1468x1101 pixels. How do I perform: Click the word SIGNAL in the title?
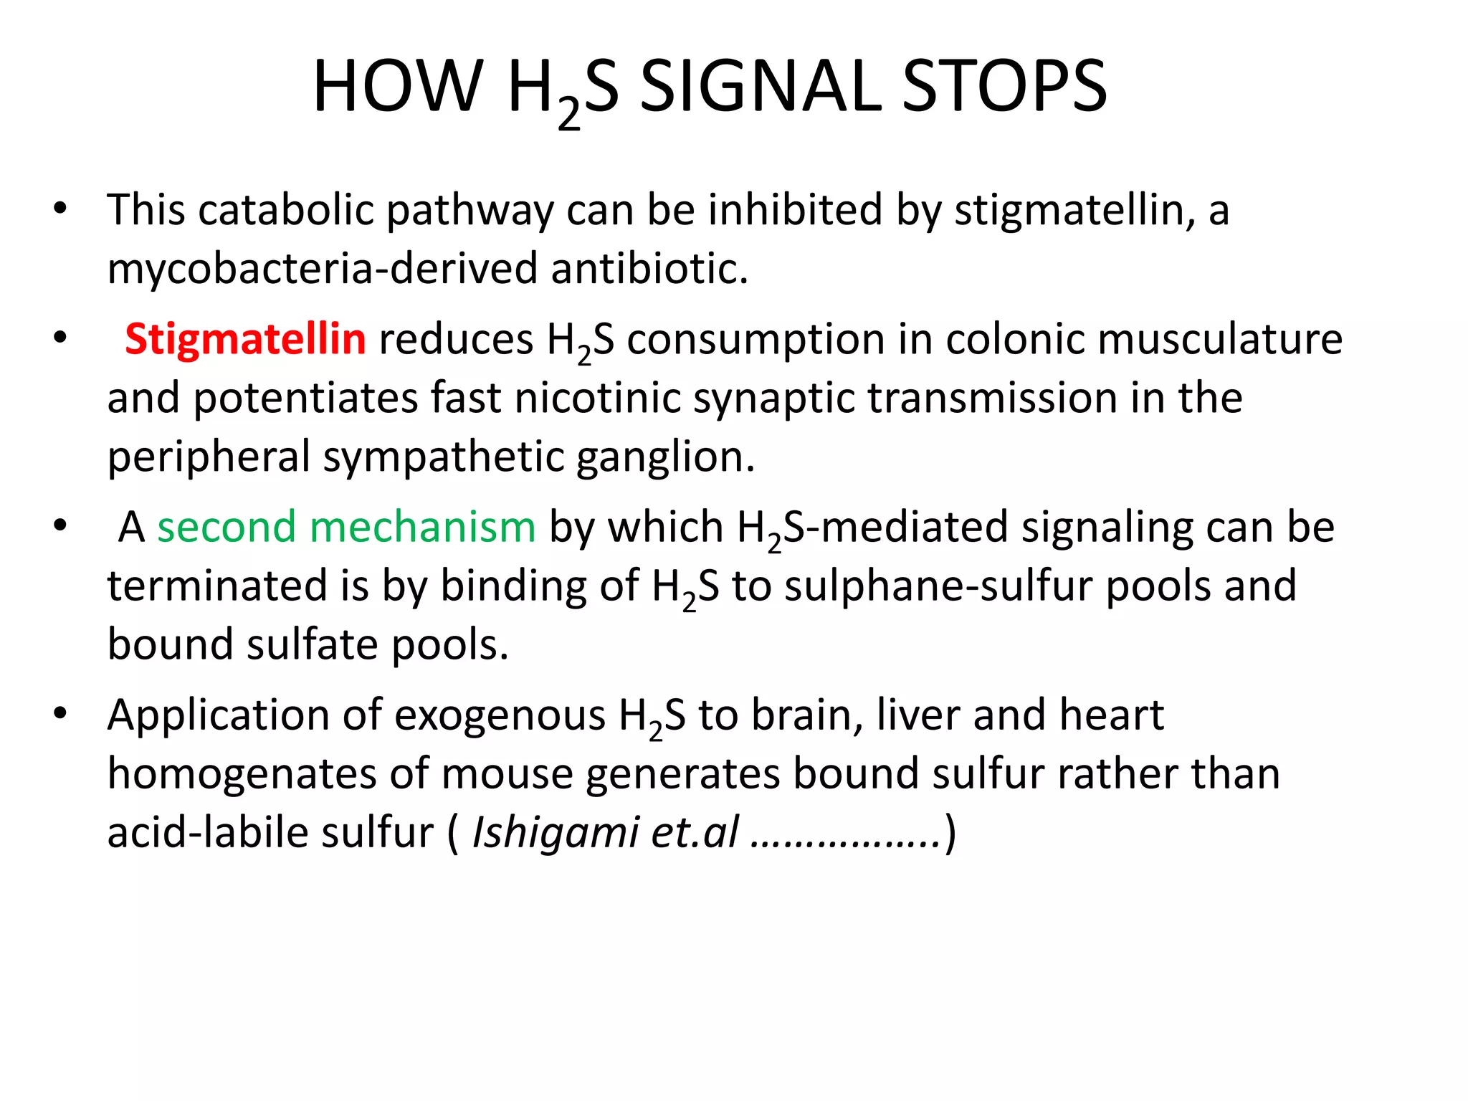pos(760,87)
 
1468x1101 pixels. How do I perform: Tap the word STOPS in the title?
pos(1005,87)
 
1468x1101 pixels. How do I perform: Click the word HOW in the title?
pos(398,87)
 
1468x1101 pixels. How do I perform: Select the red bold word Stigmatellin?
pos(245,339)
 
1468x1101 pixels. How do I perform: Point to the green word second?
pos(226,528)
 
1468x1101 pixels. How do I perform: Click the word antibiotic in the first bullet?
pos(649,269)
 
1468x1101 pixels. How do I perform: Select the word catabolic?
pos(286,210)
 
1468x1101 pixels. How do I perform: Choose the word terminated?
pos(217,586)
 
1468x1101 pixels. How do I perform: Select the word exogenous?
pos(500,716)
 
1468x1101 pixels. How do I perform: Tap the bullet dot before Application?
pos(60,714)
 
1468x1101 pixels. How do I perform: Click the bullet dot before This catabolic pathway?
pos(60,209)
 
